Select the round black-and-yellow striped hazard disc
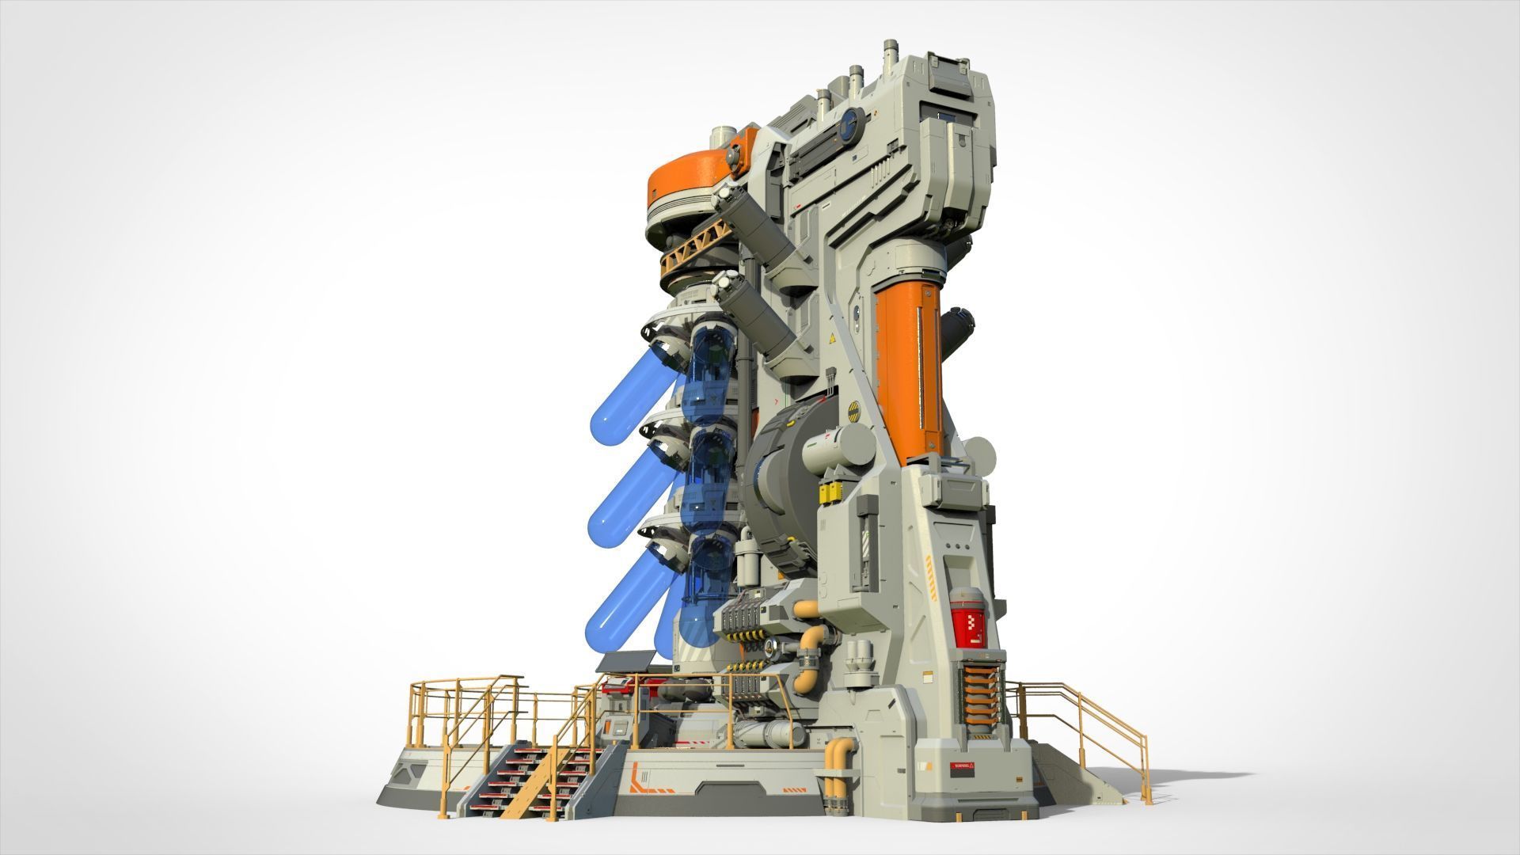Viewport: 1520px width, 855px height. (x=855, y=410)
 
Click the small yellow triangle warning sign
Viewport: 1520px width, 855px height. (x=832, y=338)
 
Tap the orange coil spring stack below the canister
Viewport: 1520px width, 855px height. (x=980, y=693)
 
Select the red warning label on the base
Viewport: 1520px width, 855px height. (x=963, y=767)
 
